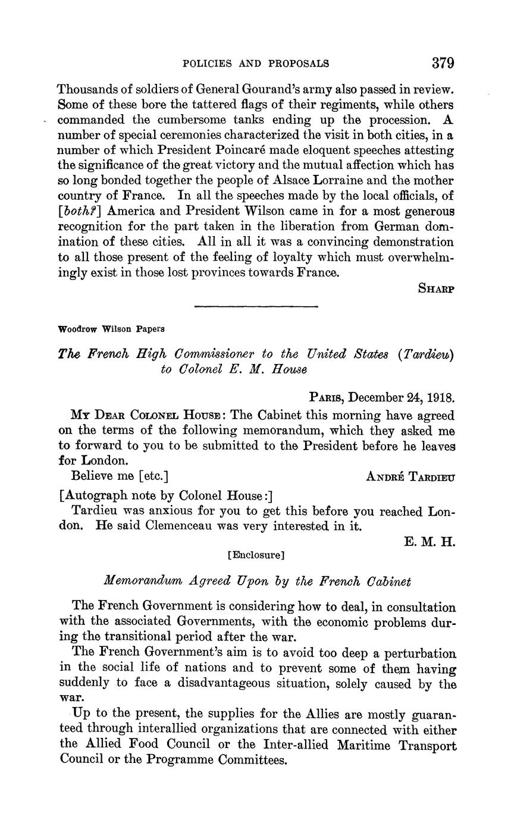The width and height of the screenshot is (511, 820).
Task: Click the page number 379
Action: pos(443,63)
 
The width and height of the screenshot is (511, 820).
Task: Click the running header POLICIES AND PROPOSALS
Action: pos(256,64)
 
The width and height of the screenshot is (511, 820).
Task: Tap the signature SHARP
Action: pos(437,288)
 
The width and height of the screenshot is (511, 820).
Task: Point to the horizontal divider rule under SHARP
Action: pos(256,306)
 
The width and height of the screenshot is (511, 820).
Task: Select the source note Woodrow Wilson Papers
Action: pos(111,328)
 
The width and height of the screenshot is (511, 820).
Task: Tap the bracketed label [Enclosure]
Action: pos(256,555)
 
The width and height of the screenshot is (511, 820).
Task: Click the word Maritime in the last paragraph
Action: pos(341,746)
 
